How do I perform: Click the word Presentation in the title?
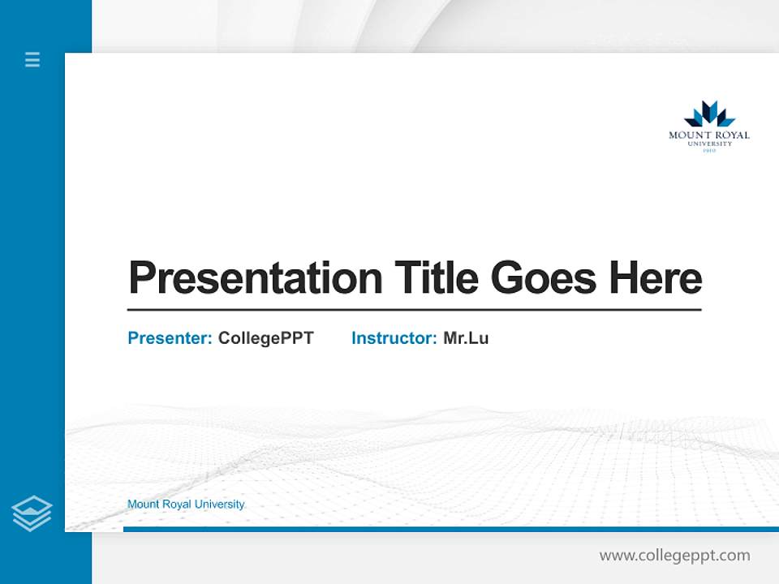coord(255,277)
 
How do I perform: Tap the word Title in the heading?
coord(436,277)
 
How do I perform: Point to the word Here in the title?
coord(655,277)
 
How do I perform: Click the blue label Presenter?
coord(170,338)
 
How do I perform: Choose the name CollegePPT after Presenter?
coord(265,338)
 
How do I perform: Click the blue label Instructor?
coord(394,338)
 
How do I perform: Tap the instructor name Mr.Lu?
coord(466,338)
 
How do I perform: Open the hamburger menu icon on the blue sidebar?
coord(32,59)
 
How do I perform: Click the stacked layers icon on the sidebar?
coord(32,513)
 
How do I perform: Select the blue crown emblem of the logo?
coord(708,114)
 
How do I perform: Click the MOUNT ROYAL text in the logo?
coord(708,135)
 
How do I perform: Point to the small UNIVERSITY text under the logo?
coord(708,144)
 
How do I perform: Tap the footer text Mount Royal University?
coord(185,505)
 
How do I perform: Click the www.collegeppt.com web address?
coord(674,556)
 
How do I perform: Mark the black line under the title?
coord(414,310)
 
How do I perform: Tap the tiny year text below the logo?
coord(708,151)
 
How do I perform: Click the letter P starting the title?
coord(141,277)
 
